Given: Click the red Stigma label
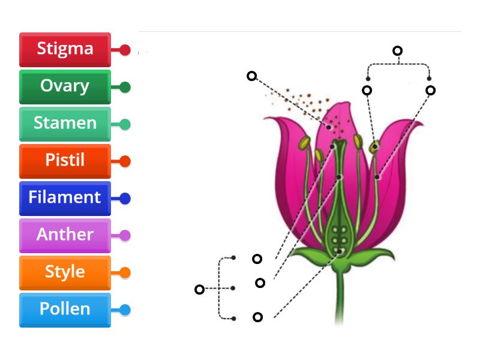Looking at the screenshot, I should [65, 49].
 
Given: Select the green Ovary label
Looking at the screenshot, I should [65, 86].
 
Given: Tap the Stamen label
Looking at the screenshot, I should [65, 124].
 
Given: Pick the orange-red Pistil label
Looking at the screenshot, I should [65, 161].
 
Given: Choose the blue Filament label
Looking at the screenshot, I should [65, 198].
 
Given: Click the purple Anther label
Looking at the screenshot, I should [65, 235].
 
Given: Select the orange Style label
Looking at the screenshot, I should [65, 272].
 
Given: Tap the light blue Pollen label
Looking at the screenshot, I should [65, 310].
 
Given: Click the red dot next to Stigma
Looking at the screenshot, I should [125, 50].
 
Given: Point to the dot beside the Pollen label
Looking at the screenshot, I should [125, 310].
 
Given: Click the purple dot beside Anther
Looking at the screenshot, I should [125, 236].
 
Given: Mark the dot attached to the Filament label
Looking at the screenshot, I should [125, 199].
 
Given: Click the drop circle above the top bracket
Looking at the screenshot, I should [397, 51].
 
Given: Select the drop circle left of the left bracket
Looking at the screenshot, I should [200, 290].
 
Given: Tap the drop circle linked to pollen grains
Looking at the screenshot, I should [252, 76].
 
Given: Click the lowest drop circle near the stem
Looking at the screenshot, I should [257, 317].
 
